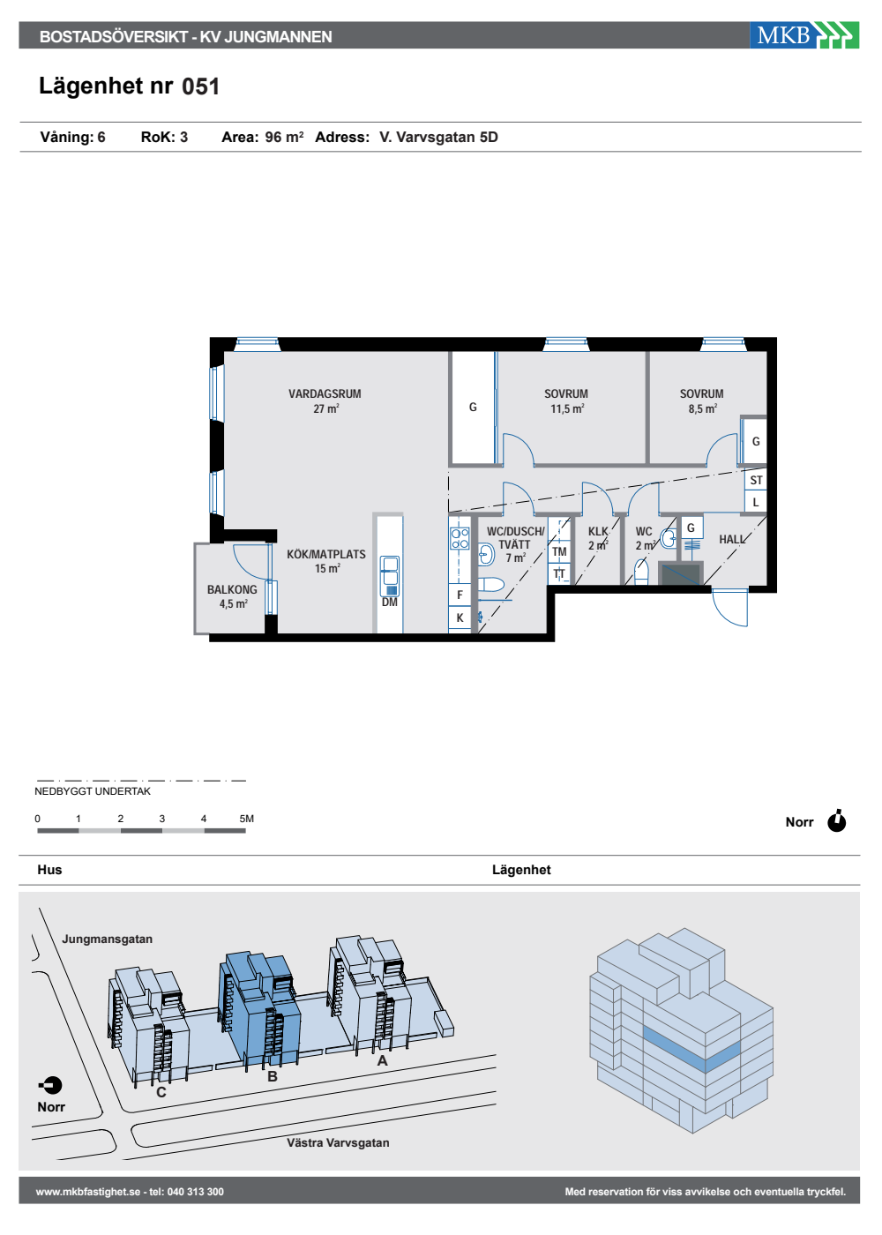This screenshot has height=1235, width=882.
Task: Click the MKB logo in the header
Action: tap(804, 35)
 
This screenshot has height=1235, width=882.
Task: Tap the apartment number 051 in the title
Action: tap(201, 86)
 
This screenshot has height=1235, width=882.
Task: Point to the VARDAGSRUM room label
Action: tap(325, 393)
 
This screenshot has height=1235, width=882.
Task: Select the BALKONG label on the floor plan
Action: tap(232, 589)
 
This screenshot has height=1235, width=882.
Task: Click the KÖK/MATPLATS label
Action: tap(325, 554)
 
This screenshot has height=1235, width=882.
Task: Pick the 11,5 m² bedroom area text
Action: tap(567, 408)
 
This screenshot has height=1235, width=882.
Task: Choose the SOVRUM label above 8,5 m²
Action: tap(701, 393)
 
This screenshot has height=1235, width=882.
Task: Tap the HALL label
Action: tap(731, 539)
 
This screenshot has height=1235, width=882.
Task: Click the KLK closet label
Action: tap(598, 531)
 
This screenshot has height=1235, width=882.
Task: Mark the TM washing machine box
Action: tap(559, 551)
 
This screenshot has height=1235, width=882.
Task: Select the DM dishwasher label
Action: tap(389, 602)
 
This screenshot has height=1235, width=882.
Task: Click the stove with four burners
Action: tap(460, 538)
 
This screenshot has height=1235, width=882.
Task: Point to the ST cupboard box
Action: tap(756, 480)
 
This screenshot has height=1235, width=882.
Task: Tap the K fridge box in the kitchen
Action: tap(460, 618)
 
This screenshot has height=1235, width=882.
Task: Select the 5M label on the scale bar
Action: tap(246, 819)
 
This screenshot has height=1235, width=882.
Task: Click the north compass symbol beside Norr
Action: tap(836, 821)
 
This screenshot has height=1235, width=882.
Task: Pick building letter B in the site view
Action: tap(273, 1076)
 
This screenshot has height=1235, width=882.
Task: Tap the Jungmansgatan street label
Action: tap(107, 939)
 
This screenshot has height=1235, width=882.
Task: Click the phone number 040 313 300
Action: tap(196, 1192)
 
